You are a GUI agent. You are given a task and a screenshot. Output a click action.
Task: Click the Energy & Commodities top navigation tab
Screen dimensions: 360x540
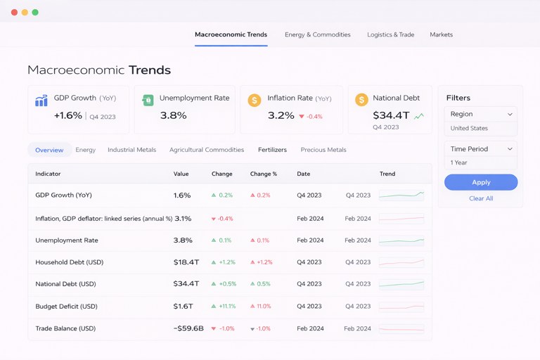[317, 34]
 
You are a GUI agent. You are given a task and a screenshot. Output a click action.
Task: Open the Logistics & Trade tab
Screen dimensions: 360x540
[390, 34]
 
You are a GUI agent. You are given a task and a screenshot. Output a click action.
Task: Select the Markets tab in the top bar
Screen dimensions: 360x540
[441, 34]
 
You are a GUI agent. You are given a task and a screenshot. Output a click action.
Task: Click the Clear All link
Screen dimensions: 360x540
[481, 198]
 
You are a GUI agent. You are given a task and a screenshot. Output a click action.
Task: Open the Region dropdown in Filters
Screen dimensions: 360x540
[481, 114]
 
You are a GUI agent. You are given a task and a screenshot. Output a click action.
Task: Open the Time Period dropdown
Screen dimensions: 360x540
[481, 149]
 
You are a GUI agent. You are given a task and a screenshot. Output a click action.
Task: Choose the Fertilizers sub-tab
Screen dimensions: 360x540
[272, 150]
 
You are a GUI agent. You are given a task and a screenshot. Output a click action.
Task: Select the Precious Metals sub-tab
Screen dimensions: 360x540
[323, 150]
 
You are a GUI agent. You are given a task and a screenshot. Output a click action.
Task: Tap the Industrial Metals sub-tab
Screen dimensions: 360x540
[131, 150]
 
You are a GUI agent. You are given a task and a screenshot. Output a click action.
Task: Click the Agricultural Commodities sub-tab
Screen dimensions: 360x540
[207, 150]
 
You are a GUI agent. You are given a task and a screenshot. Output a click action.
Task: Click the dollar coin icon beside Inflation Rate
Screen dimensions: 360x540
[255, 101]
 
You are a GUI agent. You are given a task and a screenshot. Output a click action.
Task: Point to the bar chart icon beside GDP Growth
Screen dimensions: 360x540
[41, 101]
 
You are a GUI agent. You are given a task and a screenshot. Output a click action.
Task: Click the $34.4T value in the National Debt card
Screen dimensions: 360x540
[391, 115]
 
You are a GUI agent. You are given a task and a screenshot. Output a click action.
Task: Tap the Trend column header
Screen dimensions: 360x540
[387, 174]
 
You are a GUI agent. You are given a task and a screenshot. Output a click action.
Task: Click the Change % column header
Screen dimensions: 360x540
[264, 174]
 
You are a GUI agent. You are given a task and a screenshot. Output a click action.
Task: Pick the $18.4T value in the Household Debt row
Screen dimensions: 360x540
[186, 262]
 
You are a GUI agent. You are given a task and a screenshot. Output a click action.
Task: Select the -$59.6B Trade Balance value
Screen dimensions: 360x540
[188, 328]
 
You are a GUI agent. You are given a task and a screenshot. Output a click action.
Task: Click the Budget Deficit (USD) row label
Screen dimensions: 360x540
[66, 307]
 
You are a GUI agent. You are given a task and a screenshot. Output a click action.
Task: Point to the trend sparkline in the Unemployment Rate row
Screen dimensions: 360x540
[401, 240]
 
